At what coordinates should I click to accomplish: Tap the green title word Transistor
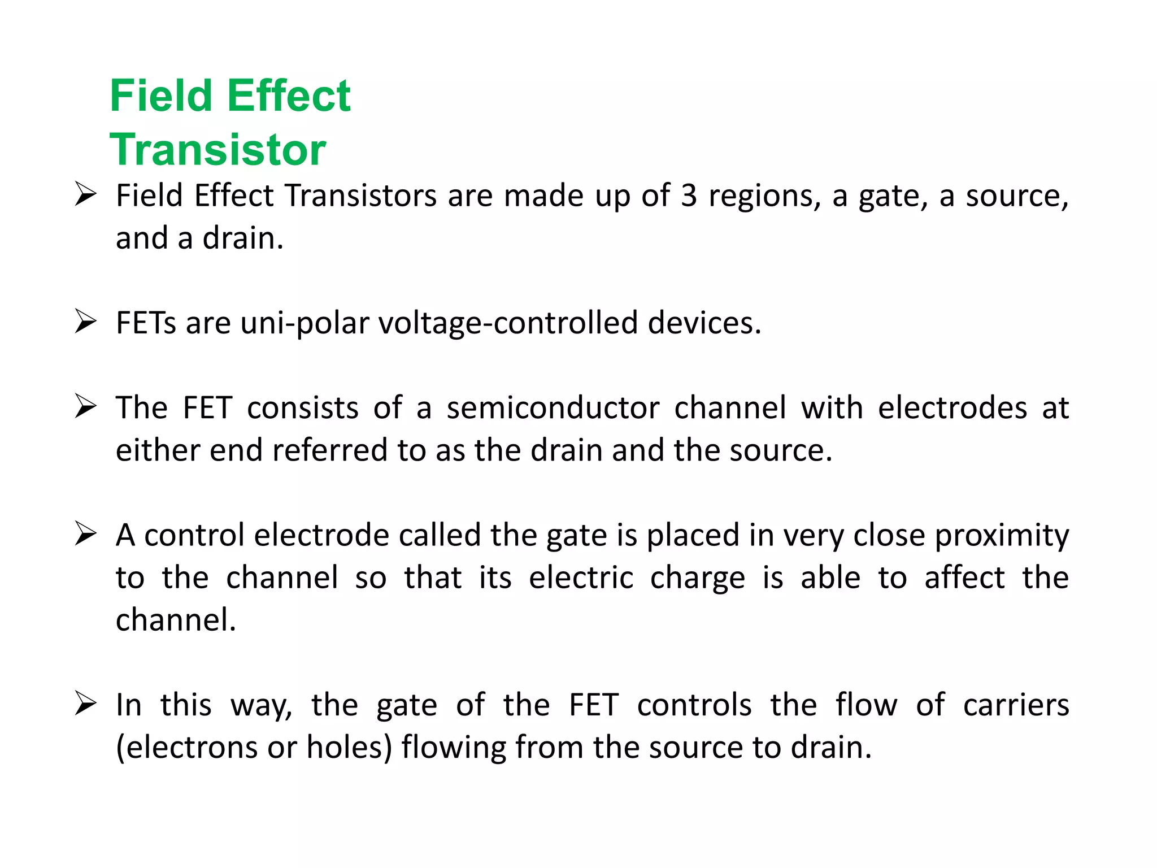pos(218,150)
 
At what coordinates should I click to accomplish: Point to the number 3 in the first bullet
pos(689,196)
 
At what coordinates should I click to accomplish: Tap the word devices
pos(704,323)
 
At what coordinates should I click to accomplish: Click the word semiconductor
pos(553,408)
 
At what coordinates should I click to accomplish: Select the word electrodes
pos(952,408)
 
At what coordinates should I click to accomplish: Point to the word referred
pos(330,450)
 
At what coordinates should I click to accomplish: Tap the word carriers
pos(1016,705)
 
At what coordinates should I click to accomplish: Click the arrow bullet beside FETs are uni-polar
pos(85,322)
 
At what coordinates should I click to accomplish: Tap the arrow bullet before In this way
pos(85,704)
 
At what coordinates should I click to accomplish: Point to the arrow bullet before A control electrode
pos(85,534)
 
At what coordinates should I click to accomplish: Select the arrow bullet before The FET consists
pos(85,407)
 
